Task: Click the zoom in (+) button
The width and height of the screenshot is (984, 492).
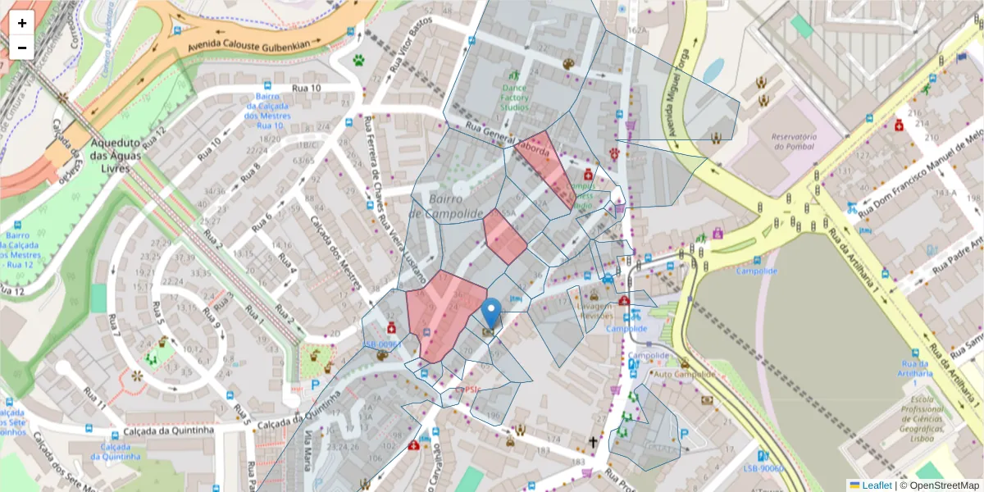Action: tap(22, 23)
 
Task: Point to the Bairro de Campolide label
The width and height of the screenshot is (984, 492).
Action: tap(445, 207)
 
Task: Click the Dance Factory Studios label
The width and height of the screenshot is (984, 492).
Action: tap(515, 96)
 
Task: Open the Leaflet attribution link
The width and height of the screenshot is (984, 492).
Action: tap(877, 485)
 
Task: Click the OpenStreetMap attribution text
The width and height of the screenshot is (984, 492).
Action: tap(941, 485)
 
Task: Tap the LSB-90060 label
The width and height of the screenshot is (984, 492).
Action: tap(763, 469)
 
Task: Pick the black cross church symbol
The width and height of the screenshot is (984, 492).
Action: tap(593, 442)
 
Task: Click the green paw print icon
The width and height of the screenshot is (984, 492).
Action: tap(359, 60)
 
